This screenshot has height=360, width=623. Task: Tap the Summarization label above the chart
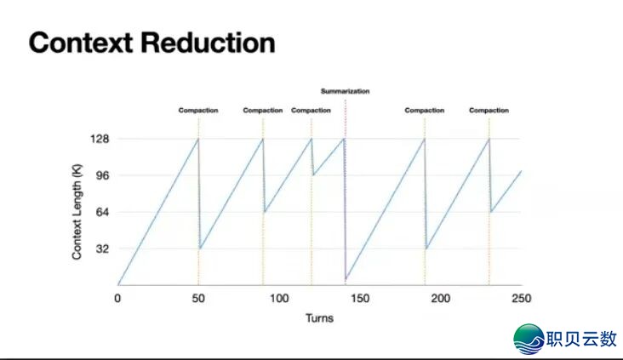pyautogui.click(x=346, y=91)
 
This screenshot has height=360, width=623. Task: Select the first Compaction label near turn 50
pyautogui.click(x=198, y=111)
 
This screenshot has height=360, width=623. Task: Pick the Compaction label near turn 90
pyautogui.click(x=263, y=111)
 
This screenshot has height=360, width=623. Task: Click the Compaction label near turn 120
pyautogui.click(x=311, y=111)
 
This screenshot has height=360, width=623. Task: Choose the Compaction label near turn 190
pyautogui.click(x=425, y=111)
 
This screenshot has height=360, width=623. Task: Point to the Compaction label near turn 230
pyautogui.click(x=489, y=111)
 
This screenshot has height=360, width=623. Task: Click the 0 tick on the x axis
pyautogui.click(x=117, y=299)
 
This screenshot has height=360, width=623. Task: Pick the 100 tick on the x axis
pyautogui.click(x=279, y=299)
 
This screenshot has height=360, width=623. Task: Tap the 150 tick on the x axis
pyautogui.click(x=360, y=299)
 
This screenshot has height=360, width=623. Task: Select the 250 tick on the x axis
pyautogui.click(x=521, y=299)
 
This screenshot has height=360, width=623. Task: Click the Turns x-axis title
pyautogui.click(x=319, y=318)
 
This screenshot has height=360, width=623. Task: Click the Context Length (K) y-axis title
pyautogui.click(x=77, y=212)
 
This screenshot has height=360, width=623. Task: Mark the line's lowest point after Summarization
pyautogui.click(x=346, y=279)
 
